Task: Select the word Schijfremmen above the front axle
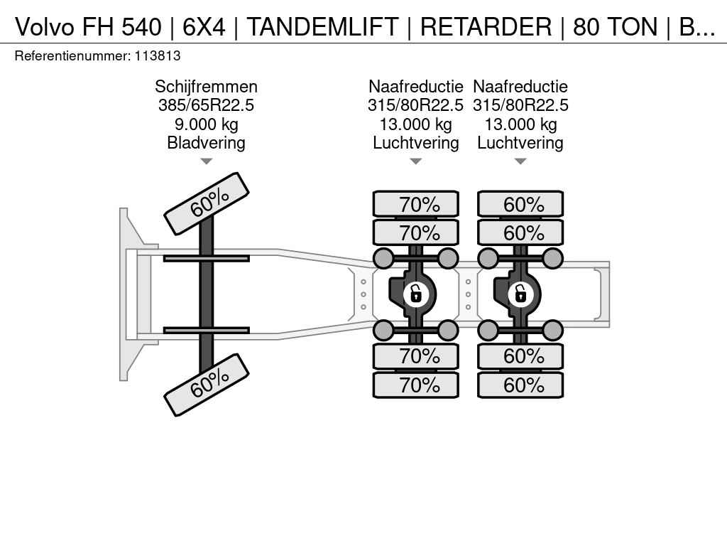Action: [206, 87]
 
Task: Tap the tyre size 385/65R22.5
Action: [206, 106]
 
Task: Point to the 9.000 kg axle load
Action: [206, 124]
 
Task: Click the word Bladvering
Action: [206, 143]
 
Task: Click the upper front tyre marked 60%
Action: [207, 203]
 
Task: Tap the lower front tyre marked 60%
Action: [207, 385]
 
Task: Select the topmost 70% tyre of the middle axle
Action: [416, 205]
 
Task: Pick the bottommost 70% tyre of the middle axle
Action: [416, 385]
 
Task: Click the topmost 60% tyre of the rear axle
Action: [520, 205]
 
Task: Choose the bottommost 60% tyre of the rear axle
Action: [520, 385]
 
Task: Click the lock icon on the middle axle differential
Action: [415, 293]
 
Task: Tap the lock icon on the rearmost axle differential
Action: [520, 293]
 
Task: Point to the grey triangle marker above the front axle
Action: [206, 161]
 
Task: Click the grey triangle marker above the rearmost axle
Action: [520, 161]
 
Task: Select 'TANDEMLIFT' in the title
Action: [322, 27]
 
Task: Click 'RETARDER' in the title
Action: [486, 27]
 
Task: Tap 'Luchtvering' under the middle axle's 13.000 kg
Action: [416, 143]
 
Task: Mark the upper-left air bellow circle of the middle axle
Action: [383, 258]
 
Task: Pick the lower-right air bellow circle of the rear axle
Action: [552, 330]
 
